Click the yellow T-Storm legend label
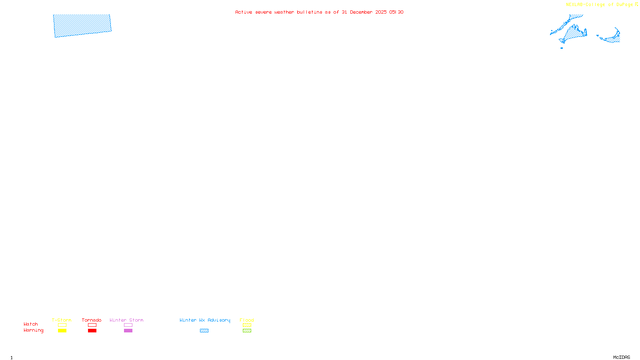(x=62, y=320)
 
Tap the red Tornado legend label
(x=92, y=320)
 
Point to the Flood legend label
(x=247, y=320)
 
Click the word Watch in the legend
(x=31, y=324)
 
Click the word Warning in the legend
(x=34, y=330)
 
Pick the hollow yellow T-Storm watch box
(x=62, y=325)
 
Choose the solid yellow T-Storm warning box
(x=62, y=331)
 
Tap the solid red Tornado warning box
(x=92, y=331)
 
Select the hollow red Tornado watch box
(x=92, y=325)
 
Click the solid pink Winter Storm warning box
(x=128, y=331)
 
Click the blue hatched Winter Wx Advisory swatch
(x=204, y=331)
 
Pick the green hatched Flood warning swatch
(x=247, y=331)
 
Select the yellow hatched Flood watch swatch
(x=247, y=325)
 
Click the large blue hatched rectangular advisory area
(x=82, y=26)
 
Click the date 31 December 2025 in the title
(x=364, y=12)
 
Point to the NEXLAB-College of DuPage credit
(x=599, y=5)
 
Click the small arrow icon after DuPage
(x=636, y=4)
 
